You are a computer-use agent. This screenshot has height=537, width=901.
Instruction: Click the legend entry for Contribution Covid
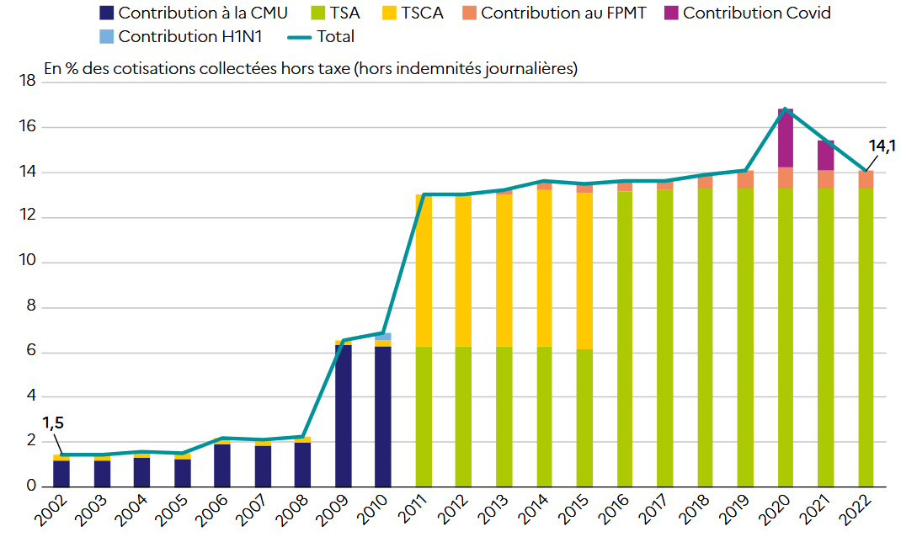click(756, 13)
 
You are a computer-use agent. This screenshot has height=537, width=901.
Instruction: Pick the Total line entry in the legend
click(335, 36)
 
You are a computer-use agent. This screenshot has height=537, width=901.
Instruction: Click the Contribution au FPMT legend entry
click(563, 13)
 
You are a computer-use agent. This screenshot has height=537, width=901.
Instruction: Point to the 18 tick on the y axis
click(26, 82)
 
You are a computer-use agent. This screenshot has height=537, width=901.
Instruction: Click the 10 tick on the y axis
click(26, 263)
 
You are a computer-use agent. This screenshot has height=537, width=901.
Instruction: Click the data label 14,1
click(882, 146)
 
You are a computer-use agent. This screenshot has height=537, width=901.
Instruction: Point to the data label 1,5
click(54, 423)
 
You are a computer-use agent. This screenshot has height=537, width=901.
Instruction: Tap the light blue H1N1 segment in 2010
click(382, 337)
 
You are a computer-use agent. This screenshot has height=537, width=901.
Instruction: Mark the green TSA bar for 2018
click(704, 337)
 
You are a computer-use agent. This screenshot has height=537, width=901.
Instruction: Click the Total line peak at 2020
click(786, 109)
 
